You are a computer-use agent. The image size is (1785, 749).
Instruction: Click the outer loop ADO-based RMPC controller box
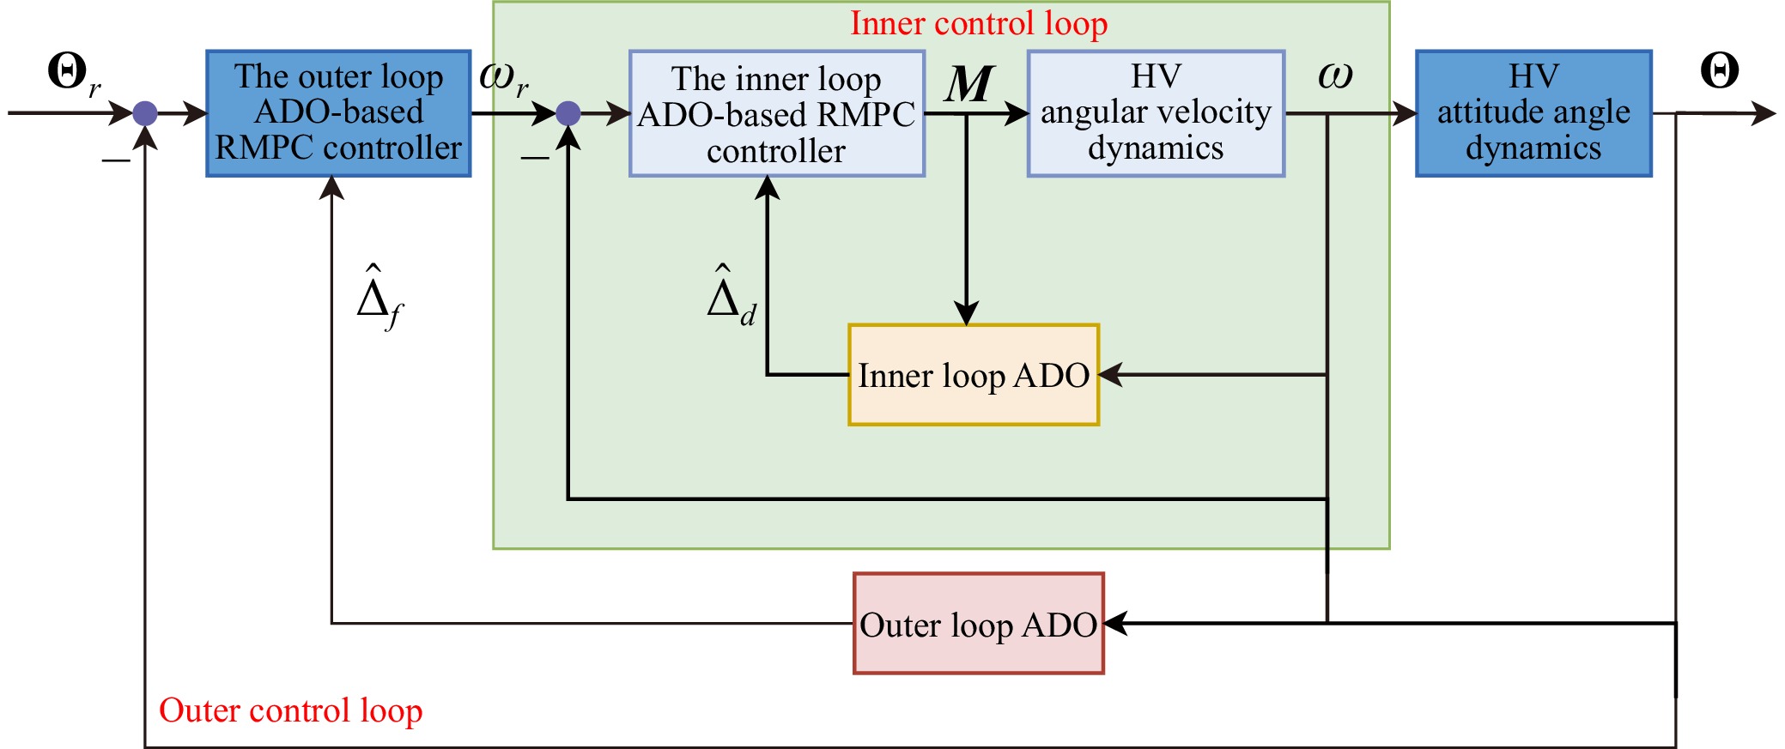338,113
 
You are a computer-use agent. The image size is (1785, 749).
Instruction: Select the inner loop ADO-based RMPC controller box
776,113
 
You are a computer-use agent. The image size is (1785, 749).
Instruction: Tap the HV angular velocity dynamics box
1156,113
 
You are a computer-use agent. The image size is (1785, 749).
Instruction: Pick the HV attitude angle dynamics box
1533,113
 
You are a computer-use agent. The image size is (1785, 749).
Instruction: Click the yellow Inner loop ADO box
974,375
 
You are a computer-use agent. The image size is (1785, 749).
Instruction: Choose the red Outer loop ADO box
979,624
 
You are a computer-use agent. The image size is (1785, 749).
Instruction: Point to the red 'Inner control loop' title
979,23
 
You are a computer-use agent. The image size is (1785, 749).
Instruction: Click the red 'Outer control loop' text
290,710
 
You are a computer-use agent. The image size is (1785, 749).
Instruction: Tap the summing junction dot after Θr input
145,113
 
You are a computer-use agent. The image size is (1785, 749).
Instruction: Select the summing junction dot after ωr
568,113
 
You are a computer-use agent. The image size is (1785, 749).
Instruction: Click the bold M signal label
969,84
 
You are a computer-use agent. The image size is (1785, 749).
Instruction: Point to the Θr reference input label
74,74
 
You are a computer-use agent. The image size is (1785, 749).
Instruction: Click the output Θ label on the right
1719,71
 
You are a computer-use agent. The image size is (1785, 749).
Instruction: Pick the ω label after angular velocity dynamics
1335,76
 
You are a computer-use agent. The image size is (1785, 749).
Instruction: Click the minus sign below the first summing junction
116,160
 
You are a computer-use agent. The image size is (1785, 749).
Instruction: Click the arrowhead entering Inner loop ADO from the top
967,315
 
